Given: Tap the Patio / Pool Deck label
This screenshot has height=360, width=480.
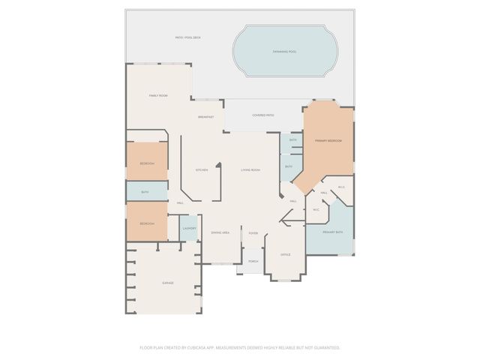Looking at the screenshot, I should coord(187,37).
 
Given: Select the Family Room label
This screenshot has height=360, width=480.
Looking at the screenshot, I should coord(157,96).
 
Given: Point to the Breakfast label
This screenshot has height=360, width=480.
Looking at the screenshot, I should coord(205,117).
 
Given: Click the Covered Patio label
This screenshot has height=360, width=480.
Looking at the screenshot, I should coord(262,115).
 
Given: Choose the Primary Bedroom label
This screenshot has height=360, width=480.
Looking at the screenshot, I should coord(328,141).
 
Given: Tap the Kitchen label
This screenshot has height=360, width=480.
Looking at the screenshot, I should coord(202,170).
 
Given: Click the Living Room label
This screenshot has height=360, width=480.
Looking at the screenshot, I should coord(250,170).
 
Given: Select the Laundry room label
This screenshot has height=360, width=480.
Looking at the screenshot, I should coord(190,228).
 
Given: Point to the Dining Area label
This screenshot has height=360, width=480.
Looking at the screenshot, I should coord(220,232).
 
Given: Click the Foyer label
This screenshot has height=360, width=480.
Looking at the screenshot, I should coord(253,233).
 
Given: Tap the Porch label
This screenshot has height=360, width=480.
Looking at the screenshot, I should coord(253,262).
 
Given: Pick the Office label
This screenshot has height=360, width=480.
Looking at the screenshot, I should coord(285,255).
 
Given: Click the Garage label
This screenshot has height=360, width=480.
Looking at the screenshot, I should coord(168,283).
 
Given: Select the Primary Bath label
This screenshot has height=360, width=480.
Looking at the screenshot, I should coord(332,232).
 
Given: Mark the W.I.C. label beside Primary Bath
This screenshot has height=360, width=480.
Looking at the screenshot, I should coord(316,210).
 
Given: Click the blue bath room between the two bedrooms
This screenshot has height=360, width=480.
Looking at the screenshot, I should coord(146,191).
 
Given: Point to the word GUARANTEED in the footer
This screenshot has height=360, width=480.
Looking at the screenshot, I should coord(327,347).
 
